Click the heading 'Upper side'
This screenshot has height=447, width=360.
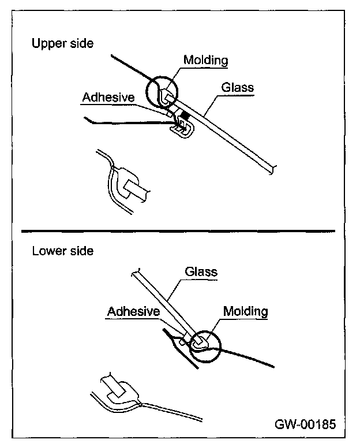click(x=62, y=44)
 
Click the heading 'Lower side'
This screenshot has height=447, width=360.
click(x=62, y=251)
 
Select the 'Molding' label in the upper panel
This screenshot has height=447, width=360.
click(x=205, y=60)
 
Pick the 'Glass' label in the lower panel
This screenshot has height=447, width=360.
click(x=201, y=271)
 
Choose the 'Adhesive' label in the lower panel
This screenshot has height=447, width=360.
click(x=133, y=311)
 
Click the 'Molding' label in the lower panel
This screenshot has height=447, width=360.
click(x=246, y=311)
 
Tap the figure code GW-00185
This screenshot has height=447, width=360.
click(x=305, y=424)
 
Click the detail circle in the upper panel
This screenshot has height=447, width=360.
click(x=163, y=92)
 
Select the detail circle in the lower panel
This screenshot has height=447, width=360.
click(x=203, y=345)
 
